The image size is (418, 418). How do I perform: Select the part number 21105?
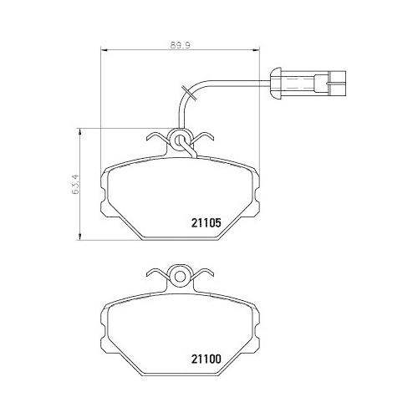pyautogui.click(x=201, y=222)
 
